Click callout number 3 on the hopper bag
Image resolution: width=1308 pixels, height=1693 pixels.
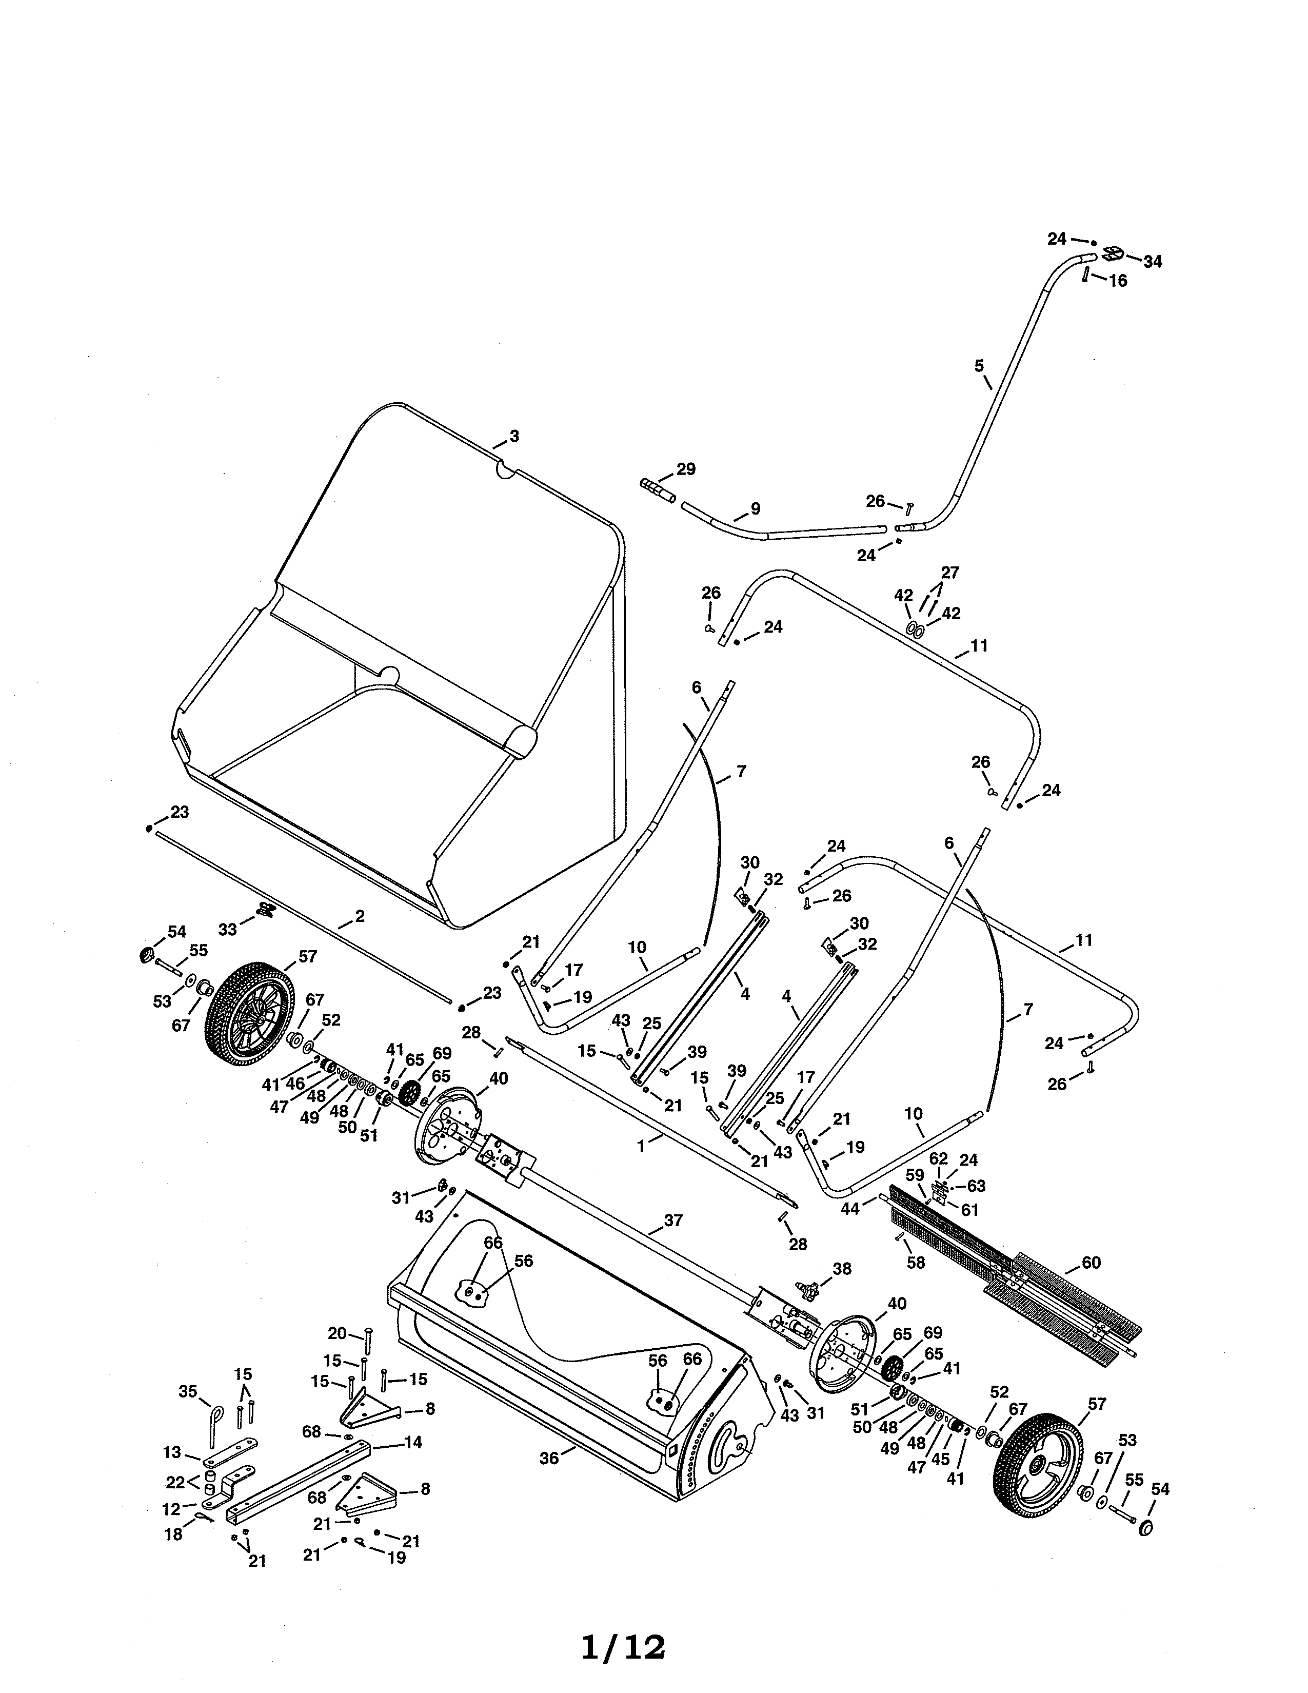(x=514, y=437)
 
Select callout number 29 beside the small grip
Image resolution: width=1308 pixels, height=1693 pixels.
(x=686, y=469)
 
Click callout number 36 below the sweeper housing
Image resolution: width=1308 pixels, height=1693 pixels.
(x=549, y=1458)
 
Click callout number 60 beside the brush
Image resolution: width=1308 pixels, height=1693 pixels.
(x=1091, y=1263)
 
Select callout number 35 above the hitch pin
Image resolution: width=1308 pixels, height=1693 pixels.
(x=188, y=1391)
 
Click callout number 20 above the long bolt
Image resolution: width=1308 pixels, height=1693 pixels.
(x=337, y=1333)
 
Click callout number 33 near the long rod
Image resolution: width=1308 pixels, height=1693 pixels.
(x=227, y=929)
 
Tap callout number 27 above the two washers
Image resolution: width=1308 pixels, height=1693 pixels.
(x=950, y=573)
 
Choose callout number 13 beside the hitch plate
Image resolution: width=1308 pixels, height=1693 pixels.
(x=172, y=1452)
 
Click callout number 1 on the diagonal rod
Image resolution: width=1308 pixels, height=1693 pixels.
(x=641, y=1146)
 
